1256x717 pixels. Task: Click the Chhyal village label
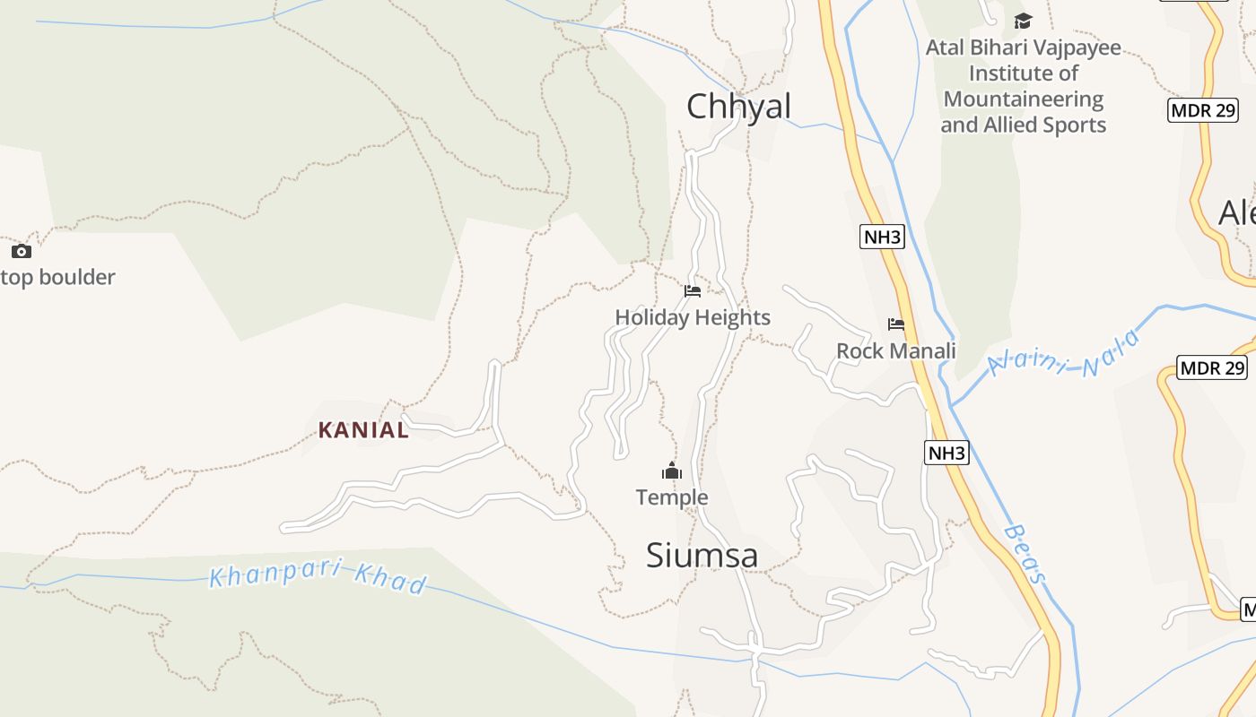[x=738, y=107]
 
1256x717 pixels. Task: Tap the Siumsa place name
[x=702, y=556]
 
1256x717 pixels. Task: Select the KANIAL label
[x=363, y=430]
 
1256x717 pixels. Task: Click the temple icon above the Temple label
[x=672, y=471]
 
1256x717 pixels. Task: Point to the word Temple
[x=672, y=497]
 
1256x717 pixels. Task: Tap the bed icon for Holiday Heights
[x=692, y=291]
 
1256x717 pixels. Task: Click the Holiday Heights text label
[x=693, y=317]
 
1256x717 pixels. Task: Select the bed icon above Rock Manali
[x=895, y=324]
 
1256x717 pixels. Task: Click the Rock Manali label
[x=895, y=350]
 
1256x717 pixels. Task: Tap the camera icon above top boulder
[x=21, y=252]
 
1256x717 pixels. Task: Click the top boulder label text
[x=57, y=278]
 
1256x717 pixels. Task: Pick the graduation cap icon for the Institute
[x=1023, y=21]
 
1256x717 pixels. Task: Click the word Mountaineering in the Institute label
[x=1023, y=99]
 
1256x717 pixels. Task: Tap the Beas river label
[x=1025, y=554]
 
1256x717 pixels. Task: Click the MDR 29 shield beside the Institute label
[x=1203, y=111]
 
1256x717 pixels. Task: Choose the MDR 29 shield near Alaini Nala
[x=1212, y=368]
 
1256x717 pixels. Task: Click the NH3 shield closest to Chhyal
[x=882, y=238]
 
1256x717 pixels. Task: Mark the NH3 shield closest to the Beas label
[x=946, y=454]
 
